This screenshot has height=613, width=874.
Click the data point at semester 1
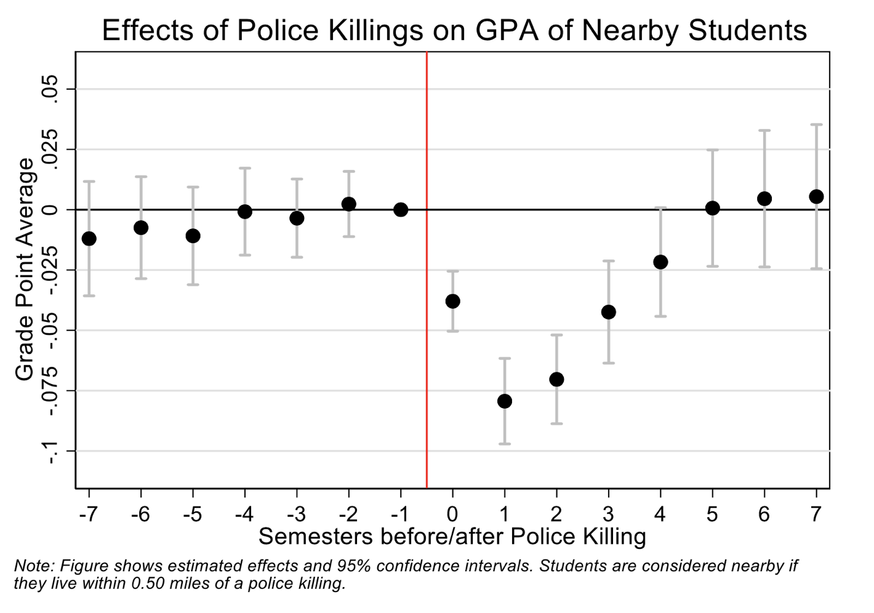click(x=505, y=401)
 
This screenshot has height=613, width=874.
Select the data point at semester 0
click(x=453, y=301)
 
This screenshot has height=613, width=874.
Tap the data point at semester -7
click(x=89, y=238)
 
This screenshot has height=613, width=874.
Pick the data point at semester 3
click(x=609, y=312)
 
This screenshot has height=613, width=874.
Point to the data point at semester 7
click(x=817, y=196)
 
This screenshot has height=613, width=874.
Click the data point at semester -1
click(x=401, y=209)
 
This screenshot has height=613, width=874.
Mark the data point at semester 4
click(x=660, y=262)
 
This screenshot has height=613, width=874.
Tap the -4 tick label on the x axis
click(x=244, y=514)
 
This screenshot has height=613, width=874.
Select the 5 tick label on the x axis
click(x=712, y=514)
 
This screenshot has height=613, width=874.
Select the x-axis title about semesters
click(x=452, y=537)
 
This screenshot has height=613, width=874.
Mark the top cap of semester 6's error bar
click(x=764, y=130)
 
